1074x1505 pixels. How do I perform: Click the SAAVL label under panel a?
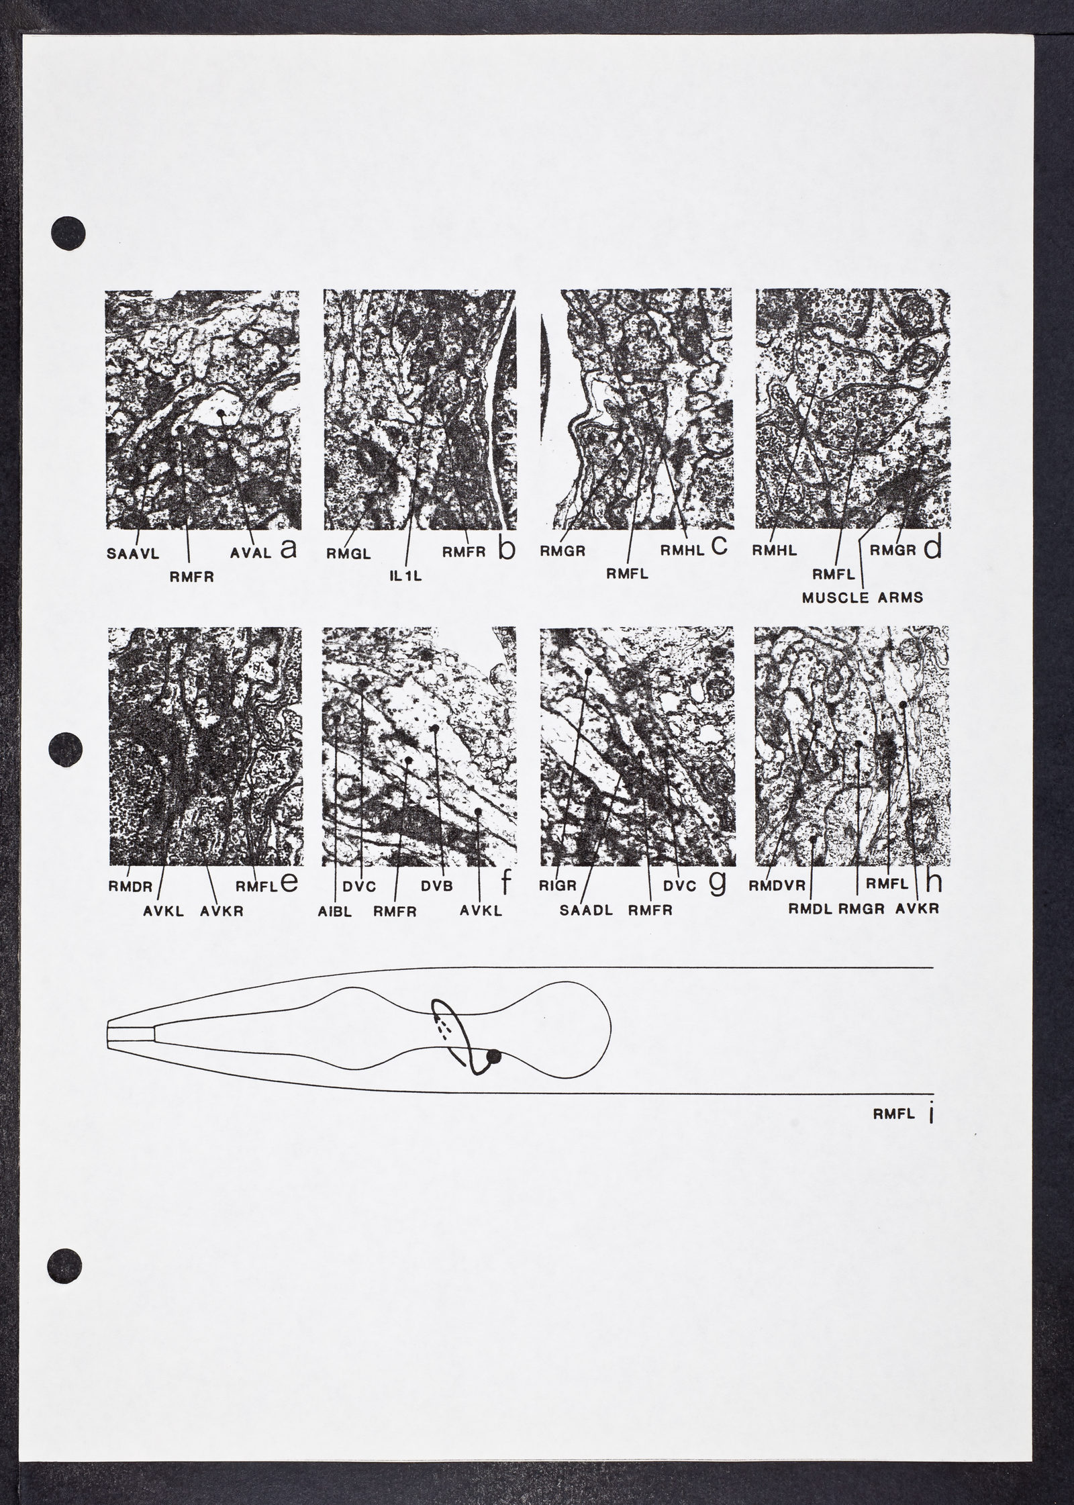[132, 554]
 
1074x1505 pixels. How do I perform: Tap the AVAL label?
[250, 553]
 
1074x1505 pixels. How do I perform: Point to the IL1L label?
[405, 576]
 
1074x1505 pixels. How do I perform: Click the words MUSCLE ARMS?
[863, 597]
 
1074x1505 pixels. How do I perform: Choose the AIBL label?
[335, 912]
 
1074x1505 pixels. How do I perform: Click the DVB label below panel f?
[436, 886]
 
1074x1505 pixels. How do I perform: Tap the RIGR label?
[558, 886]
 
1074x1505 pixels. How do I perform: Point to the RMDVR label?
[777, 886]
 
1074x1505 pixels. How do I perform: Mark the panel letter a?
[288, 549]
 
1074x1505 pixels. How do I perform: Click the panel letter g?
[718, 885]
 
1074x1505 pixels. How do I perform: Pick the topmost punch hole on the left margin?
[68, 234]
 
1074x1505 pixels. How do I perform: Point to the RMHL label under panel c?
[681, 550]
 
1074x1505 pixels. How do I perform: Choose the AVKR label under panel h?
[918, 910]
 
